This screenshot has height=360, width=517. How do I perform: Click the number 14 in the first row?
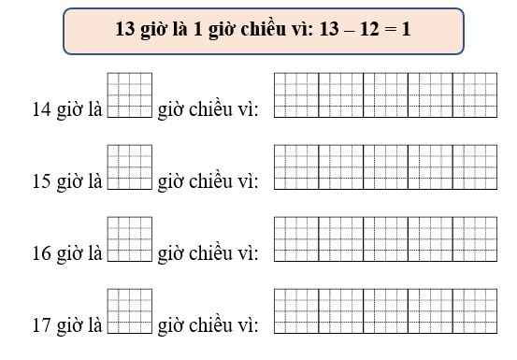[41, 109]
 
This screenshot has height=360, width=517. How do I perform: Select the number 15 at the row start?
[41, 181]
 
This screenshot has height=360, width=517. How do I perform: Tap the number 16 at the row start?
[41, 253]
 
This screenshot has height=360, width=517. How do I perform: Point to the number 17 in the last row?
[41, 325]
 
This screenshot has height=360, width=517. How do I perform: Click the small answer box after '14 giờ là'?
[130, 94]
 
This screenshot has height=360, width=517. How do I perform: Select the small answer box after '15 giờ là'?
[130, 166]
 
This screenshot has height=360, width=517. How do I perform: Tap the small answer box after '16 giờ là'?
[130, 238]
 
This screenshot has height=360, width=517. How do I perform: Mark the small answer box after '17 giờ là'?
[130, 310]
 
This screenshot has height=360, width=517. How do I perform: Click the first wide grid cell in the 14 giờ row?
[295, 94]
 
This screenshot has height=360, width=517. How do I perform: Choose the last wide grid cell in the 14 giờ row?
[474, 94]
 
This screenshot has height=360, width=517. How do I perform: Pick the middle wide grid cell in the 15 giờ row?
[385, 166]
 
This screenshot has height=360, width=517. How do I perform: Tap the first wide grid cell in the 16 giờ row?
[295, 238]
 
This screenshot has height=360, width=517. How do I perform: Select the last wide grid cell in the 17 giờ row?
[474, 310]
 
